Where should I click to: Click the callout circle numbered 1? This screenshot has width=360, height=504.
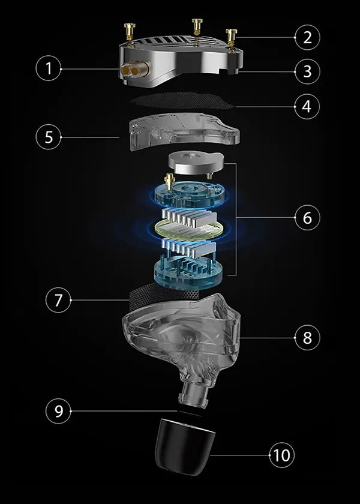click(x=49, y=68)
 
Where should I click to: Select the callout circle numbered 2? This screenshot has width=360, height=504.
click(x=307, y=37)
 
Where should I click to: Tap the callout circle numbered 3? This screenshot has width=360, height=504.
click(x=307, y=71)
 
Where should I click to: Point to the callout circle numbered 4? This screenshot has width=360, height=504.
click(x=307, y=106)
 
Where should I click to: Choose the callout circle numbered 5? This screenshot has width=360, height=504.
click(x=49, y=137)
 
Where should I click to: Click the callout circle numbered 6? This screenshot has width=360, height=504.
click(x=307, y=218)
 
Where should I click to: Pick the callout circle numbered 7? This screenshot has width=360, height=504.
click(x=58, y=300)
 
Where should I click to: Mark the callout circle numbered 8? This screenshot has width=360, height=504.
click(x=307, y=337)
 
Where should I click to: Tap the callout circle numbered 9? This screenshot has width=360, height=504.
click(x=58, y=411)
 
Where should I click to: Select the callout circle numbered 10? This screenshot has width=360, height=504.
click(x=281, y=455)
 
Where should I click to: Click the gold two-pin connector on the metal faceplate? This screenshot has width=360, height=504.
click(x=134, y=70)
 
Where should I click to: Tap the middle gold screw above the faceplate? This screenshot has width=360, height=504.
click(x=197, y=28)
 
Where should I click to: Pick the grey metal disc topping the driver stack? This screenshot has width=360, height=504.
click(x=196, y=163)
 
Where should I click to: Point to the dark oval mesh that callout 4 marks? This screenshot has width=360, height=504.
click(x=182, y=101)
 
